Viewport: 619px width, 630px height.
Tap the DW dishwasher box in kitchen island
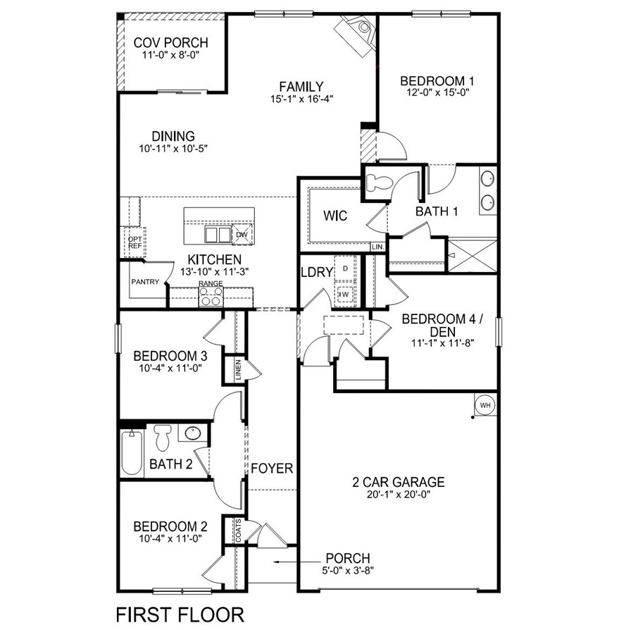(x=242, y=235)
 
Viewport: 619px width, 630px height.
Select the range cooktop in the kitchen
(x=211, y=298)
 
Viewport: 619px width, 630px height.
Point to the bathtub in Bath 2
(x=131, y=452)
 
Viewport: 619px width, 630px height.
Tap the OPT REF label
(x=135, y=242)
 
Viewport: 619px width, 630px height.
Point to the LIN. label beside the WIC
(x=378, y=247)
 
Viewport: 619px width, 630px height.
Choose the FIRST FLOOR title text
(x=180, y=614)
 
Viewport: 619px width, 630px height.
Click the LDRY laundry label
(x=316, y=272)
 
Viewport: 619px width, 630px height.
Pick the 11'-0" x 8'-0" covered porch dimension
(x=171, y=55)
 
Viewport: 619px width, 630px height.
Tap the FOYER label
(x=272, y=468)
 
